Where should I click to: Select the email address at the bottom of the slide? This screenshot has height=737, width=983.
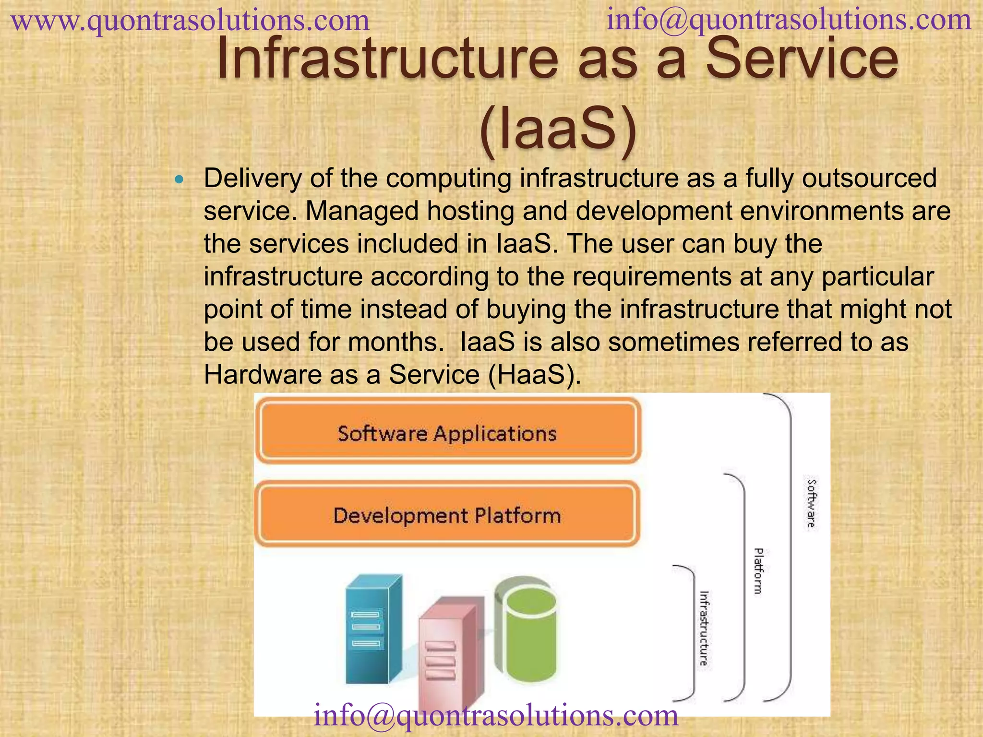(x=496, y=714)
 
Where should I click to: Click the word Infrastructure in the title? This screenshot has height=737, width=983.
(x=387, y=60)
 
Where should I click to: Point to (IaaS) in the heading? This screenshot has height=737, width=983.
(x=558, y=130)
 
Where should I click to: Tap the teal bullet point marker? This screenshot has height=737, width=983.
(x=180, y=180)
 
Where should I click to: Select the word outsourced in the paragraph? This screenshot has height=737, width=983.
(x=869, y=178)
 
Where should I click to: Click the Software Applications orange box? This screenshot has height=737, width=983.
(x=447, y=433)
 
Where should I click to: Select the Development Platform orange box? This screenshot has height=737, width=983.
(x=447, y=515)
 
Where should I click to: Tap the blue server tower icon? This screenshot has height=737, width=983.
(x=372, y=629)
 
